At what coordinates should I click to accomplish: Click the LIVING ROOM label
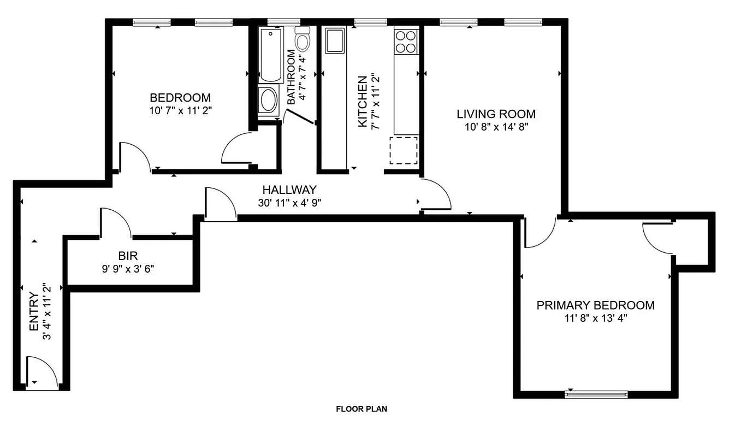[496, 114]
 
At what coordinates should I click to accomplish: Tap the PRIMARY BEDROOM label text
[595, 305]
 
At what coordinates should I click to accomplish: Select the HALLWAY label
[289, 190]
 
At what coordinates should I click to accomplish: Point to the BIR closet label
[127, 255]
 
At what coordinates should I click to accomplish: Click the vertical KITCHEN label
[362, 102]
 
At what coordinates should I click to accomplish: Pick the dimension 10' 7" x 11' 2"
[180, 110]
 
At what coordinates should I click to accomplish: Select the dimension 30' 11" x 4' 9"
[289, 203]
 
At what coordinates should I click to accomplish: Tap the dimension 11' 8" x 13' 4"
[595, 318]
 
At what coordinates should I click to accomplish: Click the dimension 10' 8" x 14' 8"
[496, 127]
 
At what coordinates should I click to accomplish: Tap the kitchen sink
[334, 41]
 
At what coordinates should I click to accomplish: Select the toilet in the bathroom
[302, 39]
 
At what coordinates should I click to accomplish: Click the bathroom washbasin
[268, 100]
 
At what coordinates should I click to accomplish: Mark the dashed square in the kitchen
[404, 151]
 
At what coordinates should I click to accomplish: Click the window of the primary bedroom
[596, 393]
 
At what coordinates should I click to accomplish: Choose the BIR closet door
[115, 224]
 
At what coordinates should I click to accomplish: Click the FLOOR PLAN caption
[361, 409]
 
